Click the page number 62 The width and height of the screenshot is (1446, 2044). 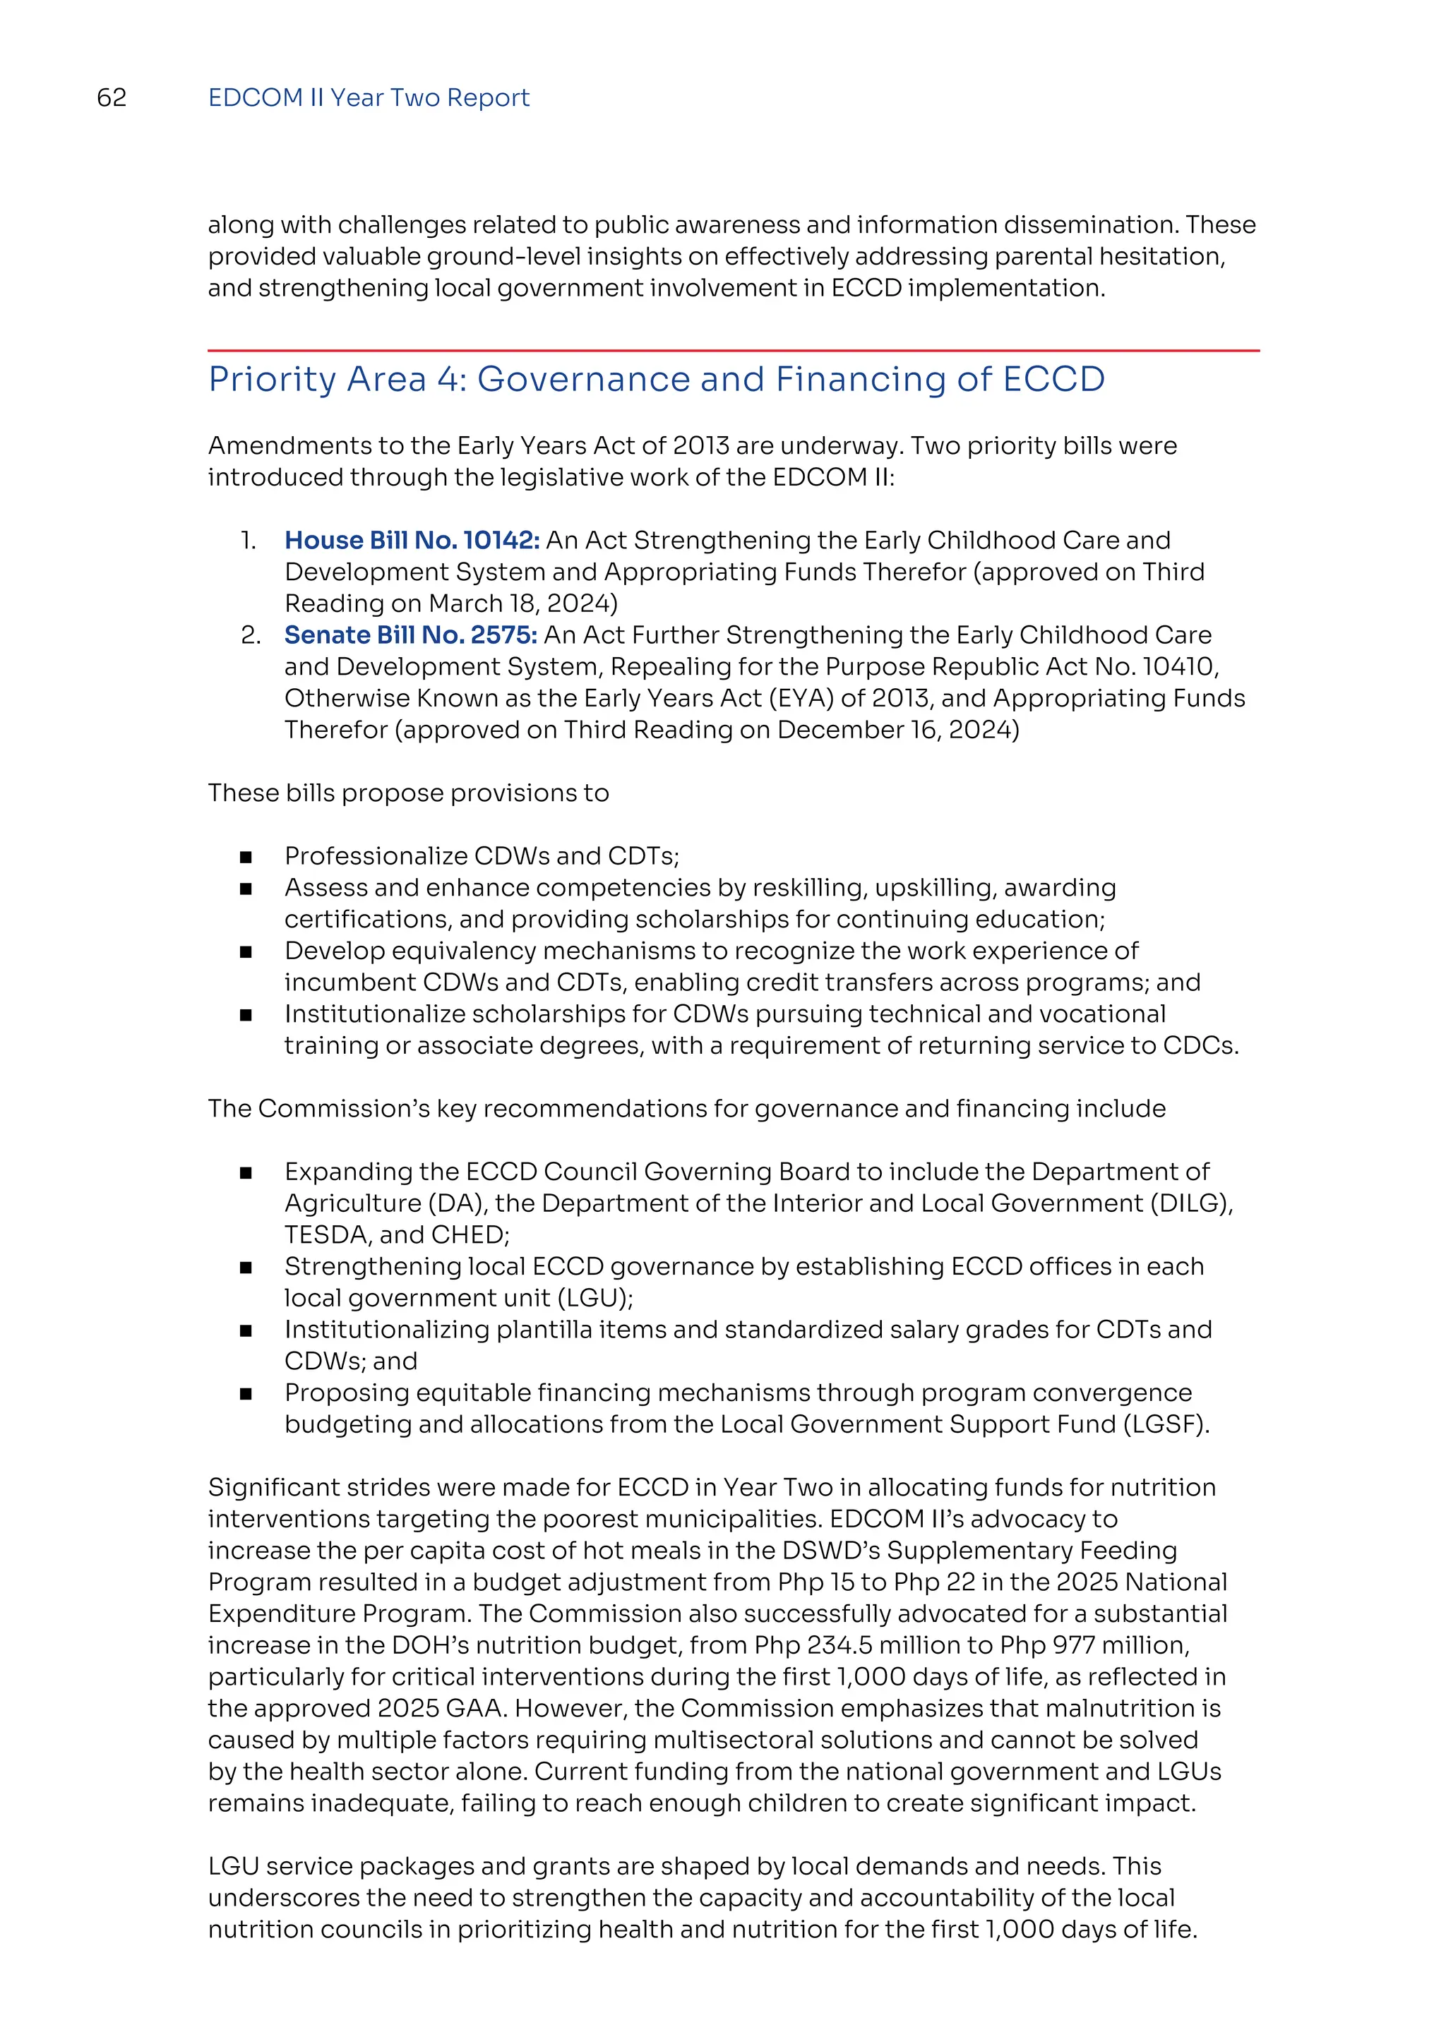(112, 98)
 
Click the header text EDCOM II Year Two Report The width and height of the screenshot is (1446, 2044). (368, 98)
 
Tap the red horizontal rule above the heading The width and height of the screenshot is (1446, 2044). (733, 351)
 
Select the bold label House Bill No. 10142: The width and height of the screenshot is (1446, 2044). (412, 541)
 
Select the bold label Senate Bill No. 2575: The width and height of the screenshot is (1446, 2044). (410, 635)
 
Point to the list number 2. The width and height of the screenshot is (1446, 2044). (250, 635)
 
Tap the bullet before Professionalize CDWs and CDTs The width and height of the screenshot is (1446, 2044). (246, 858)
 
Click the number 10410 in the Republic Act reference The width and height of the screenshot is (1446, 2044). (1178, 667)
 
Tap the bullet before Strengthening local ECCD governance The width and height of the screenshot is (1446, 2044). (246, 1268)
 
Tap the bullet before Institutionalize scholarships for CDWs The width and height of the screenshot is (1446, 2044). (246, 1015)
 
